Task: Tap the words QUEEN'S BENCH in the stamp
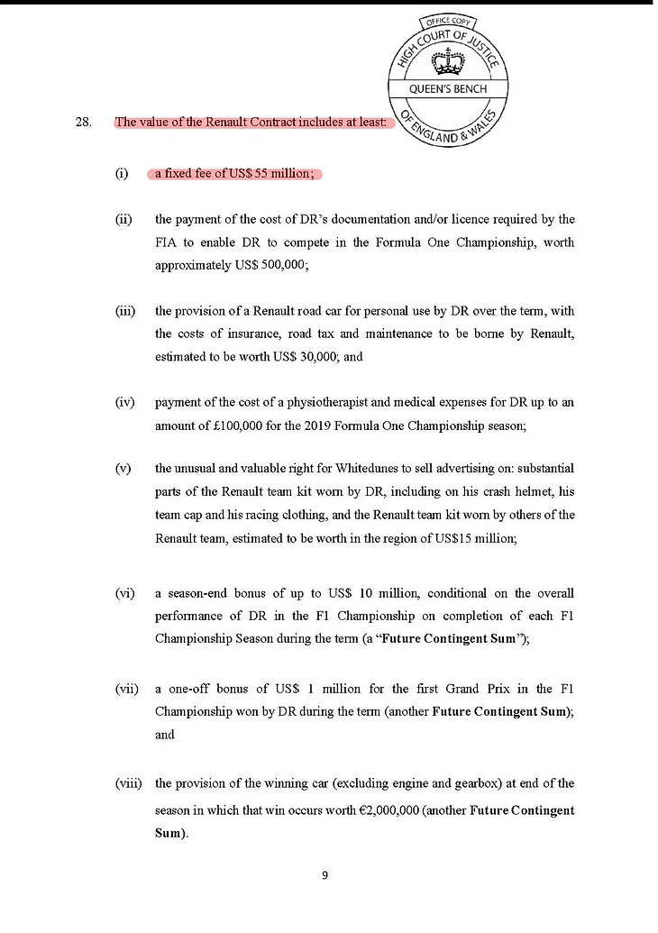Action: (x=448, y=89)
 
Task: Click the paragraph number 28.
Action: (x=84, y=123)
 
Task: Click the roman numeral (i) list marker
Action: (x=122, y=173)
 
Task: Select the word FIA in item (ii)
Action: (x=169, y=243)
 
